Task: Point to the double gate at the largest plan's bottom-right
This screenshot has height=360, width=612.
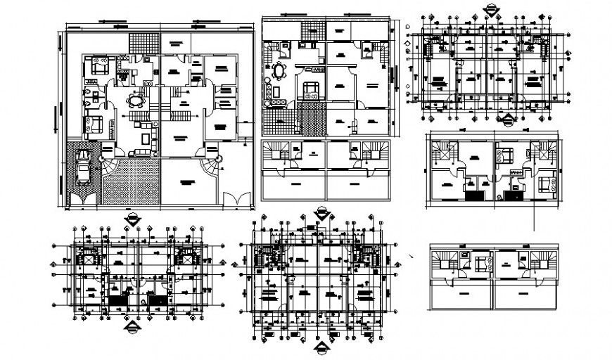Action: pyautogui.click(x=235, y=198)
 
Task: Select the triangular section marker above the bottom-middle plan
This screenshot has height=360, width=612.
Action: pyautogui.click(x=321, y=211)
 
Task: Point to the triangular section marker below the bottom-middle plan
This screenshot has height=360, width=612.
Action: pyautogui.click(x=321, y=349)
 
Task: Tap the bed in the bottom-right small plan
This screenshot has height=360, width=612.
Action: pyautogui.click(x=483, y=264)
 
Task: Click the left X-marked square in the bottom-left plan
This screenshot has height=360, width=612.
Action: pyautogui.click(x=89, y=259)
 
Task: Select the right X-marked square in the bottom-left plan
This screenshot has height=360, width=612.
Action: pyautogui.click(x=186, y=259)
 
